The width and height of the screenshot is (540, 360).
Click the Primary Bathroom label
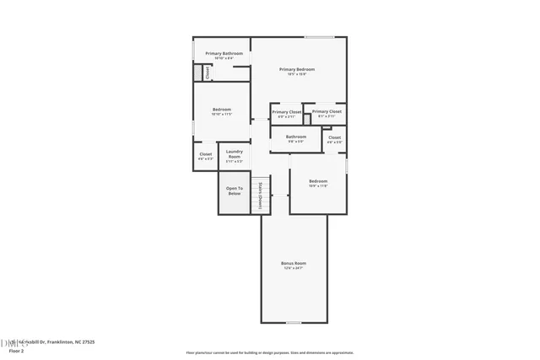click(x=224, y=53)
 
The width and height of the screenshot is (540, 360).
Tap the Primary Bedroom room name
click(x=297, y=69)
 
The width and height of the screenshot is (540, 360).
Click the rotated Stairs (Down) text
click(x=261, y=195)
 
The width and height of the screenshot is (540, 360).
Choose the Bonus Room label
click(x=293, y=263)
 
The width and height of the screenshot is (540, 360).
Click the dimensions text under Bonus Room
click(x=293, y=268)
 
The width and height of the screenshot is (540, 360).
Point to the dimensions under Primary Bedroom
click(x=297, y=74)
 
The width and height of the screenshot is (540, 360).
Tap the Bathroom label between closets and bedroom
click(x=295, y=137)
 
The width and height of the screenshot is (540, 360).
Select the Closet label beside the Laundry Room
click(x=206, y=154)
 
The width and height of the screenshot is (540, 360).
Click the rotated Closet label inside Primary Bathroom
click(x=208, y=73)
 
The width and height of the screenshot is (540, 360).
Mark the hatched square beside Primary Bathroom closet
click(x=198, y=73)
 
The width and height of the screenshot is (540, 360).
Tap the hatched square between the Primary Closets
click(x=307, y=119)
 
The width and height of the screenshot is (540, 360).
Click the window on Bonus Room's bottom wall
click(x=293, y=322)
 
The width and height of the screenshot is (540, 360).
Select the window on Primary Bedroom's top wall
click(x=319, y=37)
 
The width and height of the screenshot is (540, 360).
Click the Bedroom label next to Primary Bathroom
click(x=222, y=110)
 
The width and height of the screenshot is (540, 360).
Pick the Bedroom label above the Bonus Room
click(x=318, y=181)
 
